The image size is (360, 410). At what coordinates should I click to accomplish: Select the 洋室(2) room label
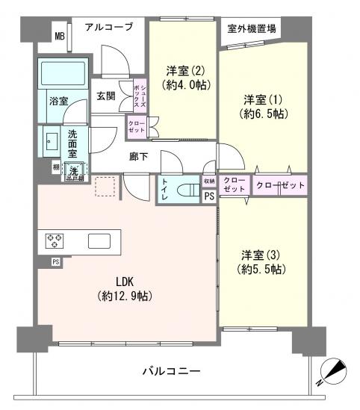[x=181, y=78]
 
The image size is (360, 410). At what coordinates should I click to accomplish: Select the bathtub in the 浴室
[x=63, y=75]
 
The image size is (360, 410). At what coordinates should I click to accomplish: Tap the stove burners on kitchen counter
[x=55, y=240]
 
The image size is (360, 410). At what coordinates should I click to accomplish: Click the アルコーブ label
[x=108, y=27]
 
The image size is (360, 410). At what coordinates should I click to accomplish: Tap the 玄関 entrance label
[x=105, y=96]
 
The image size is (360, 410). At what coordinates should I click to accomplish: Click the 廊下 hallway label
[x=138, y=158]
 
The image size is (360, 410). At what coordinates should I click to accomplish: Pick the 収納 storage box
[x=210, y=180]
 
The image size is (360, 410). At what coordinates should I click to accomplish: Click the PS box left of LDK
[x=55, y=261]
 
